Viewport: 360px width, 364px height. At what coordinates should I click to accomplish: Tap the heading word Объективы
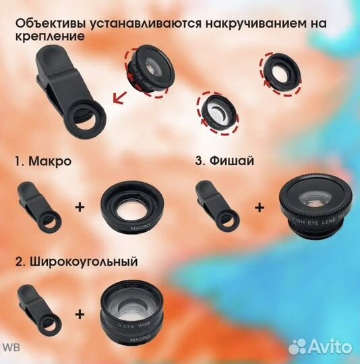(47, 24)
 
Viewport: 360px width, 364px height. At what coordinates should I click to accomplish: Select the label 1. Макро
(43, 162)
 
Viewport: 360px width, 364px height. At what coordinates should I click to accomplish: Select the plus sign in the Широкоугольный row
(80, 313)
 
